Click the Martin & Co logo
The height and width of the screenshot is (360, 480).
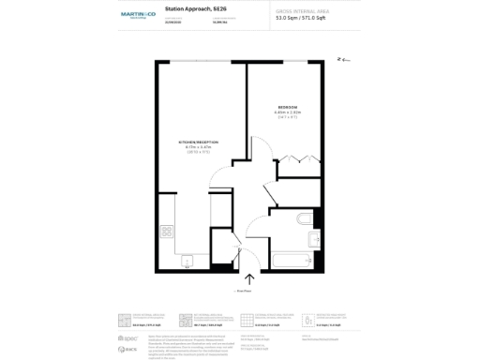tap(136, 16)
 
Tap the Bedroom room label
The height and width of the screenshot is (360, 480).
tap(287, 107)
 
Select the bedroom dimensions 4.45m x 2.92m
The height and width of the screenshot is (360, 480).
tap(287, 112)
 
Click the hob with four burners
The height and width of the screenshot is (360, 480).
tap(167, 230)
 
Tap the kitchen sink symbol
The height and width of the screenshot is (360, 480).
tap(187, 261)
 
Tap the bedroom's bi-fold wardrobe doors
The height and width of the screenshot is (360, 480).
tap(297, 158)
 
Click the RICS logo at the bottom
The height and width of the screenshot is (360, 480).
tap(122, 348)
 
